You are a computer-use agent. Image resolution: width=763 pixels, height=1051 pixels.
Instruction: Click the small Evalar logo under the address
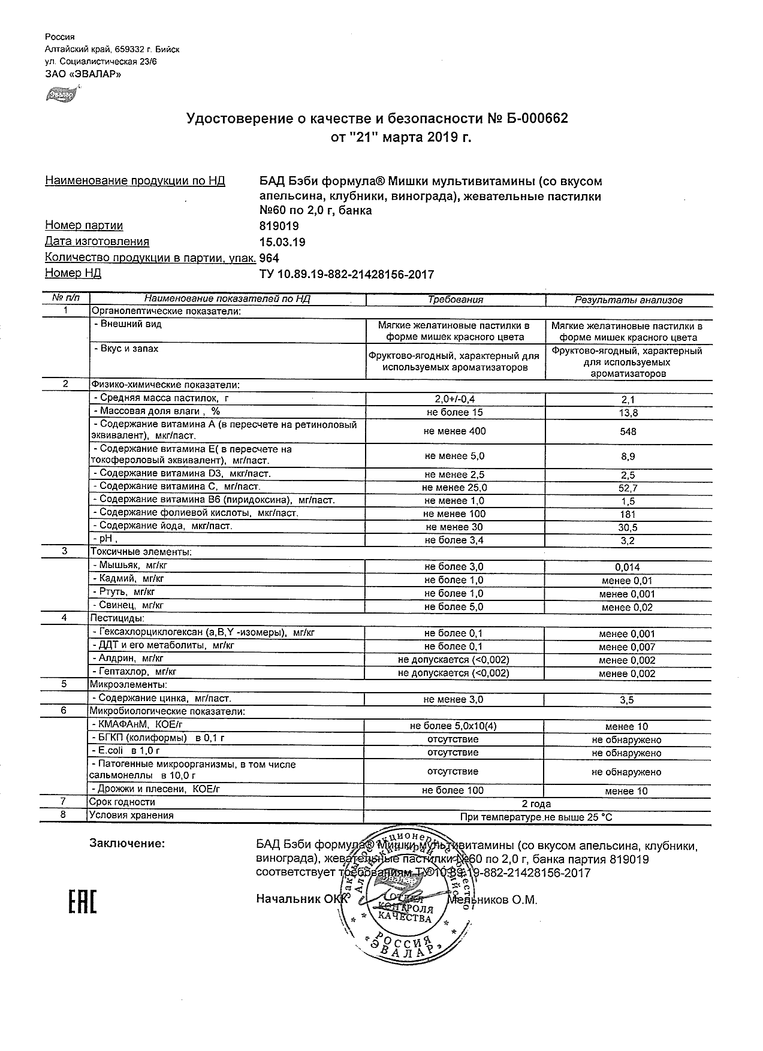point(60,94)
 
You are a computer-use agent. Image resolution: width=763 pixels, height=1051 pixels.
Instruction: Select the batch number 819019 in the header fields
point(279,226)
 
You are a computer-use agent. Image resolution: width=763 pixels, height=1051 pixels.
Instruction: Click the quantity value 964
point(269,258)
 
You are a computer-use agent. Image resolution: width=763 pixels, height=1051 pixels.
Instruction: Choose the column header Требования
point(455,300)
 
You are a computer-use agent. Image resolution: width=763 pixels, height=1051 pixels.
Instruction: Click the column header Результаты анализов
point(628,300)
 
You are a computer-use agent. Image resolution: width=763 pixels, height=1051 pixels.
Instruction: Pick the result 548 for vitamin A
point(628,431)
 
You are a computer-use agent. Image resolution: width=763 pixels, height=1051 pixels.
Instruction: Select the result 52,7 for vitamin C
point(628,488)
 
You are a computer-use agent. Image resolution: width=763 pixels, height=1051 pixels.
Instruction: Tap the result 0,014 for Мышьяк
point(628,567)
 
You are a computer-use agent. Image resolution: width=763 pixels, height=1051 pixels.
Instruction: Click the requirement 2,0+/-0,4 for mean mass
point(455,399)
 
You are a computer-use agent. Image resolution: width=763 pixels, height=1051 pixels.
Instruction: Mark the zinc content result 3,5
point(628,699)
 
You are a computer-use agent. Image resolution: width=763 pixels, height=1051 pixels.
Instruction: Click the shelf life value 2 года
point(536,804)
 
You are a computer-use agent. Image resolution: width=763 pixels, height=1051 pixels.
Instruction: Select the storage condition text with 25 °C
point(536,817)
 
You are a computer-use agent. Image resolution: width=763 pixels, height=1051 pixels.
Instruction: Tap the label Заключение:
point(127,844)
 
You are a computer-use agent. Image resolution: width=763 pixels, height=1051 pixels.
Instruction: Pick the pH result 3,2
point(628,540)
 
